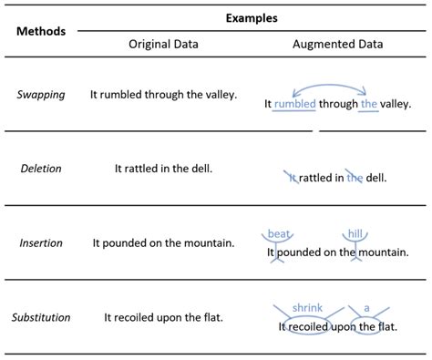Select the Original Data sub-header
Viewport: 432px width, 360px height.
tap(164, 44)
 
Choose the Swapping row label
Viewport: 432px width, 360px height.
tap(40, 94)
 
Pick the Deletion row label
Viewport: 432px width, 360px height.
tap(40, 169)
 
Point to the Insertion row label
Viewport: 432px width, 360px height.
tap(40, 243)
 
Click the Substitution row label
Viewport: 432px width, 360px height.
tap(40, 317)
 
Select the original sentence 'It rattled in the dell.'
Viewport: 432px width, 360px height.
tap(164, 169)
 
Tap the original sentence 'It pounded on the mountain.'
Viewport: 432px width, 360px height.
tap(164, 243)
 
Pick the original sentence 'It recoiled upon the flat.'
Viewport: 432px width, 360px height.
tap(164, 317)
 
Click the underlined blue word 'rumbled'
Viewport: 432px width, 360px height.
tap(294, 105)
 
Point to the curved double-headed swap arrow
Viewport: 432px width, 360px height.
tap(330, 86)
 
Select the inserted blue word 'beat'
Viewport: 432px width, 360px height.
tap(277, 234)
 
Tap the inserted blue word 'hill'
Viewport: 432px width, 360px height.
tap(354, 234)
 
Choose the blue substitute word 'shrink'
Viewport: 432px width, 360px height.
tap(308, 308)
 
